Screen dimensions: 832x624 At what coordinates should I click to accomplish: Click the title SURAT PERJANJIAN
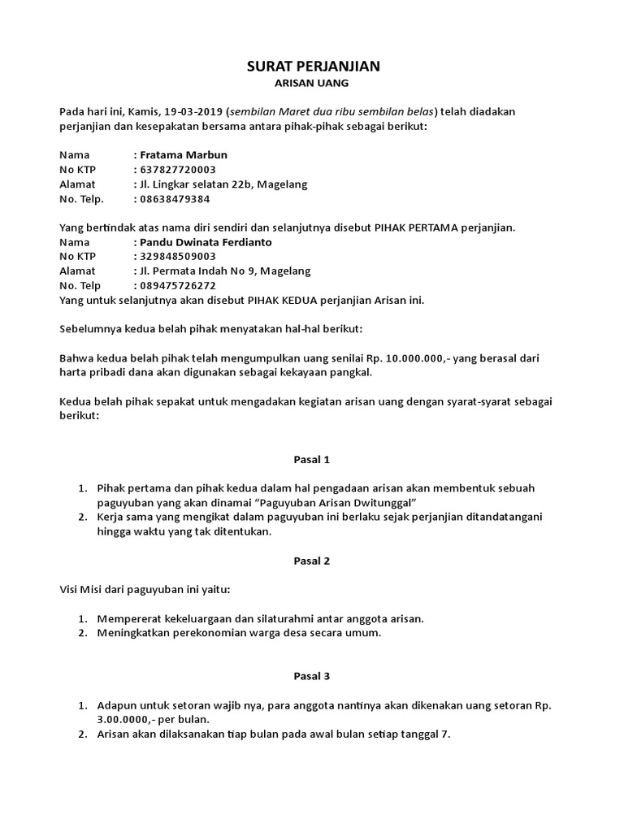(x=313, y=67)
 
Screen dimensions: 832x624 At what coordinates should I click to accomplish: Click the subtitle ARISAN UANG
(x=313, y=84)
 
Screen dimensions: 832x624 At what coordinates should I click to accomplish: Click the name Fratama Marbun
(x=184, y=154)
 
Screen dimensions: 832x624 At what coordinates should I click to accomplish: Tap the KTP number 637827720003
(x=178, y=169)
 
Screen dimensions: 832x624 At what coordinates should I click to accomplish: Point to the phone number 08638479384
(x=175, y=198)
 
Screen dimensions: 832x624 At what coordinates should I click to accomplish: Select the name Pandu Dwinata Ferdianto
(x=206, y=242)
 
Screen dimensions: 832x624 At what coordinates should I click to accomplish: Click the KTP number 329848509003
(x=178, y=257)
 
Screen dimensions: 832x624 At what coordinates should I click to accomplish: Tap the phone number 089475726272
(x=178, y=286)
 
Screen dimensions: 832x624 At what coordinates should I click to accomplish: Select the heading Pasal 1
(x=312, y=460)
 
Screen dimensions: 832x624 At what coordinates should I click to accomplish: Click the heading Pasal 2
(x=312, y=561)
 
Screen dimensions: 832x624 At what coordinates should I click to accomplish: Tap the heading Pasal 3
(x=312, y=676)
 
